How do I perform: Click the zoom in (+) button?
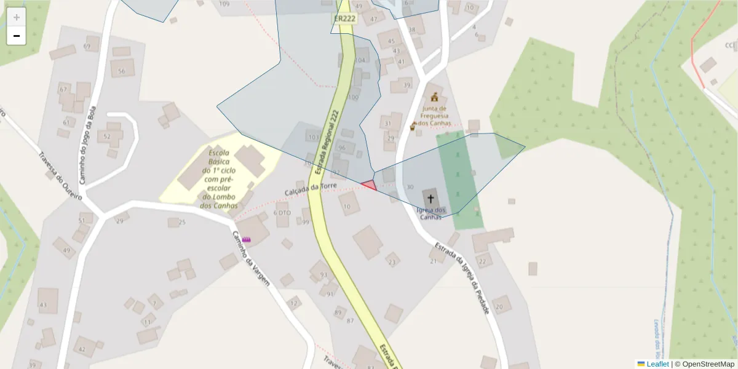coord(17,17)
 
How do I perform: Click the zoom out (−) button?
coord(17,36)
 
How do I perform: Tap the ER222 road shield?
coord(344,18)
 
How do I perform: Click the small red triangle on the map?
coord(369,185)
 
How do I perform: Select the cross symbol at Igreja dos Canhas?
coord(430,198)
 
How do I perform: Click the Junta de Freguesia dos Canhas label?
coord(435,115)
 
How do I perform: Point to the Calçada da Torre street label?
coord(311,189)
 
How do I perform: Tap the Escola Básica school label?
coord(220,178)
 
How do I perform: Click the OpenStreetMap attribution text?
coord(704,364)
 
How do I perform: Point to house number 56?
coord(121,71)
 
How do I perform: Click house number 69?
coord(87,47)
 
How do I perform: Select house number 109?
coord(224,4)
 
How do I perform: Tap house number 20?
coord(499,306)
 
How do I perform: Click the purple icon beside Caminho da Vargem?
coord(247,239)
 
